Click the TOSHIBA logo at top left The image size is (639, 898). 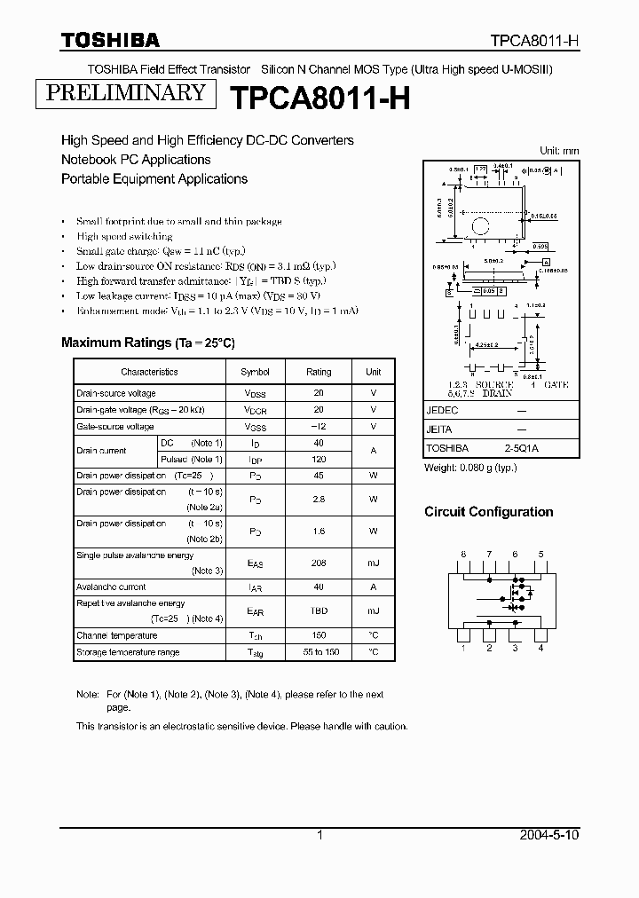(x=110, y=40)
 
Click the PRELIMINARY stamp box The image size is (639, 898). (x=124, y=93)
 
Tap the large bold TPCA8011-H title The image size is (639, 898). (x=320, y=98)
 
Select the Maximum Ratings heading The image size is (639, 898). (x=147, y=343)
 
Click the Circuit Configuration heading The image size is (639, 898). (x=488, y=512)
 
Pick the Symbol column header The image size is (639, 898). (x=256, y=372)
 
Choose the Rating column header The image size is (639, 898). (x=319, y=372)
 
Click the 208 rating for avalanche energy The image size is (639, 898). (x=319, y=563)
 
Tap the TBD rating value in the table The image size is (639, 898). (x=319, y=610)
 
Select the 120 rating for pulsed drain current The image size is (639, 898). (x=319, y=459)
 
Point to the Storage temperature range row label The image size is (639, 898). (x=128, y=652)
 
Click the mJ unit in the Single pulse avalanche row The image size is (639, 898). (x=373, y=563)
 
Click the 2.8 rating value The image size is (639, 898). (x=319, y=500)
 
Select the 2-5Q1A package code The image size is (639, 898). (x=522, y=448)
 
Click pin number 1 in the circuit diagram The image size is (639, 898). (x=462, y=648)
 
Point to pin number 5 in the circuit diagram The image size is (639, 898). (x=540, y=555)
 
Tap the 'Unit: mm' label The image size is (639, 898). (x=559, y=151)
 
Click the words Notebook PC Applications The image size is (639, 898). (x=136, y=160)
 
